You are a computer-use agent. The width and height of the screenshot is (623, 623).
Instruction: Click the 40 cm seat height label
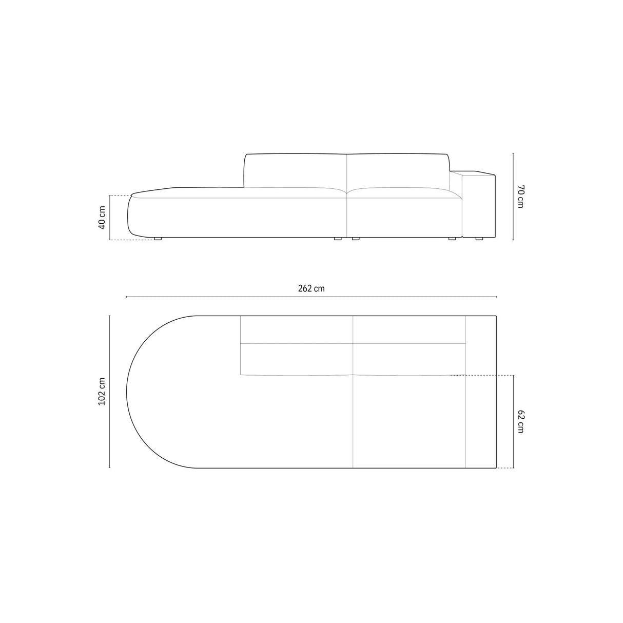(x=102, y=218)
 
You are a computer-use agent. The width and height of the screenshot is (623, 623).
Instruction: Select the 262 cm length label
(x=311, y=288)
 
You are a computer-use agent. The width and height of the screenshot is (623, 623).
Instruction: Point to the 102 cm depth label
(x=102, y=392)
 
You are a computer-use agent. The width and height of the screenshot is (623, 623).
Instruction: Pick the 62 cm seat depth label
(x=520, y=421)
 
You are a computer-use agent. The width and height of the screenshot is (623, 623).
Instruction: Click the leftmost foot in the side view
(x=158, y=239)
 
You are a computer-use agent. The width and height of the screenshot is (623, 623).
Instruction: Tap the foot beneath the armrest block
(x=479, y=239)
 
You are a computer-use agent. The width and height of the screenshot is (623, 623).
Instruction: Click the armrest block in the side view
(x=478, y=205)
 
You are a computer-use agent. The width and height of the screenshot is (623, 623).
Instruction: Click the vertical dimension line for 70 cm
(x=513, y=196)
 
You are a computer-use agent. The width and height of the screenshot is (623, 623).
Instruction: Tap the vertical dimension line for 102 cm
(x=110, y=392)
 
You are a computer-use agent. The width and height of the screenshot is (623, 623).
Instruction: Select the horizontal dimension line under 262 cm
(x=311, y=297)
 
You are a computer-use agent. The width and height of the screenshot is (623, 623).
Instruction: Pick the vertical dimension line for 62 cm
(x=513, y=421)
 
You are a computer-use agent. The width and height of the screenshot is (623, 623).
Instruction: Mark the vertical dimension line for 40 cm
(x=109, y=218)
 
